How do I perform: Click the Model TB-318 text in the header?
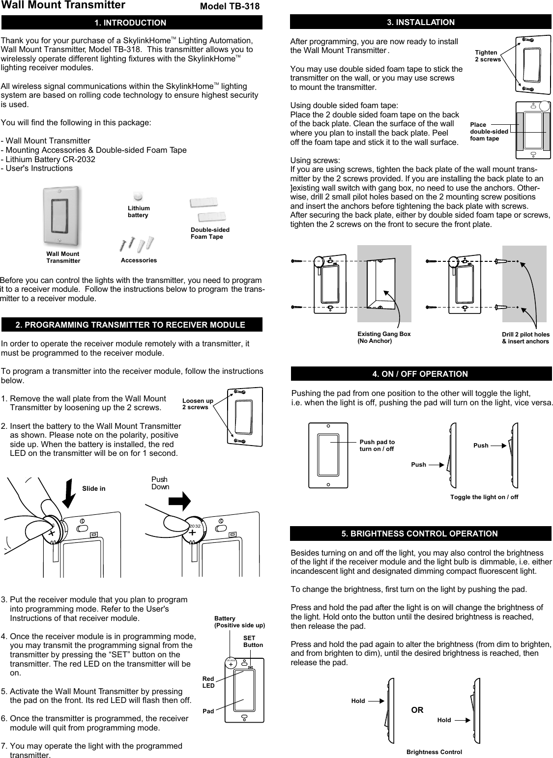coord(229,6)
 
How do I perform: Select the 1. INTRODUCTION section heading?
coord(130,23)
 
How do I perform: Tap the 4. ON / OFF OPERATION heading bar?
coord(420,374)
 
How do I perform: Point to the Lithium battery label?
coord(139,212)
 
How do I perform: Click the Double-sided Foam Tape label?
coord(210,233)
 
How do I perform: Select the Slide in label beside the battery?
coord(93,489)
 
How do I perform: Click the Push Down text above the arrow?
coord(160,483)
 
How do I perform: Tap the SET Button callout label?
coord(253,641)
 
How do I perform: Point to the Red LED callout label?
coord(209,682)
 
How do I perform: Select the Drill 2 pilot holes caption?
coord(525,337)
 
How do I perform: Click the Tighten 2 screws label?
coord(487,56)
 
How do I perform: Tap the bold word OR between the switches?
coord(417,710)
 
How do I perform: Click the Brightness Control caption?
coord(434,752)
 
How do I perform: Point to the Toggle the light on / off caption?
coord(484,497)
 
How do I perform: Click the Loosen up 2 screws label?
coord(197,404)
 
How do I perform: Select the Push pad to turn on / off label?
coord(377,446)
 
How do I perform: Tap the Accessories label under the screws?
coord(139,260)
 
